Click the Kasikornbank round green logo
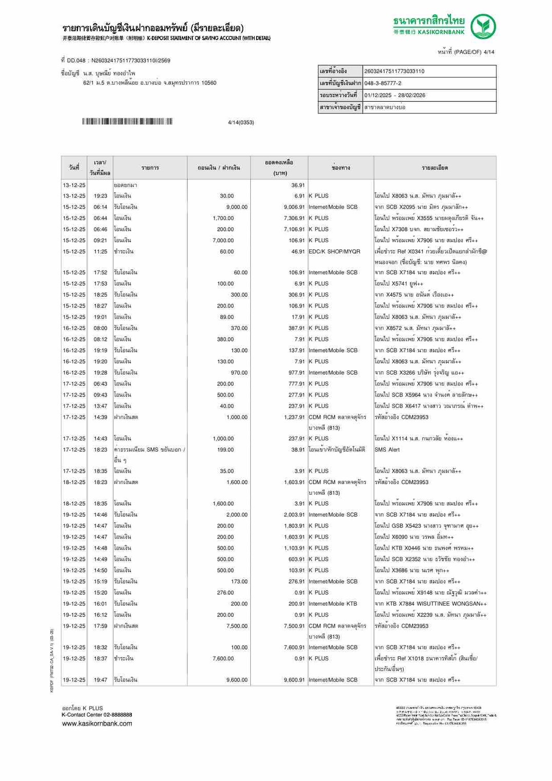pyautogui.click(x=483, y=27)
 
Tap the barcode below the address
pyautogui.click(x=127, y=122)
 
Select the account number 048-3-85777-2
pyautogui.click(x=383, y=83)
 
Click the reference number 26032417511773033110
pyautogui.click(x=394, y=71)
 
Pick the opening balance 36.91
pyautogui.click(x=298, y=185)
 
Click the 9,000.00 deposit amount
pyautogui.click(x=237, y=207)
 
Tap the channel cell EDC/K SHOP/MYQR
pyautogui.click(x=334, y=252)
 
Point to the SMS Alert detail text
pyautogui.click(x=387, y=450)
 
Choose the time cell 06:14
pyautogui.click(x=101, y=207)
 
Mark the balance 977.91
pyautogui.click(x=297, y=373)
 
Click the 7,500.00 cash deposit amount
pyautogui.click(x=237, y=627)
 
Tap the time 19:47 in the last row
pyautogui.click(x=101, y=680)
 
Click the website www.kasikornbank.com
pyautogui.click(x=97, y=724)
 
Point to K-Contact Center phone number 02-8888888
pyautogui.click(x=117, y=715)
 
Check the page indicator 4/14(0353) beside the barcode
pyautogui.click(x=241, y=123)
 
